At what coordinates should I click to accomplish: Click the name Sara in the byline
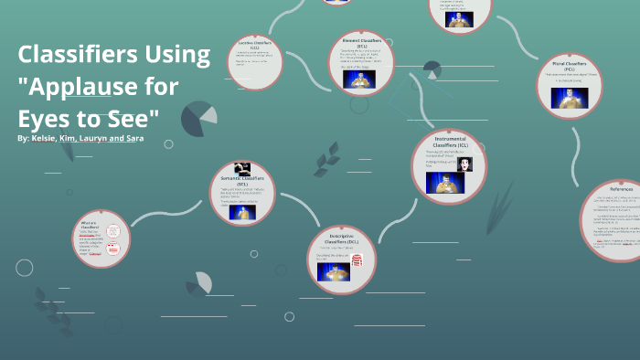tap(134, 138)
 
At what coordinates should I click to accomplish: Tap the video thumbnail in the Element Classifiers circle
tap(359, 79)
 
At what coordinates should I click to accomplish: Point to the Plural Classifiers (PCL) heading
tap(569, 66)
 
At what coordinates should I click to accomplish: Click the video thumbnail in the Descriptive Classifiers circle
tap(333, 271)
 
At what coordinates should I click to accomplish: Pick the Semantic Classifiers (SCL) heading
tap(242, 180)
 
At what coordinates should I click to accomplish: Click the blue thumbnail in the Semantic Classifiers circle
tap(241, 212)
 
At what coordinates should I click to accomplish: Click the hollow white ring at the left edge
tap(25, 268)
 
